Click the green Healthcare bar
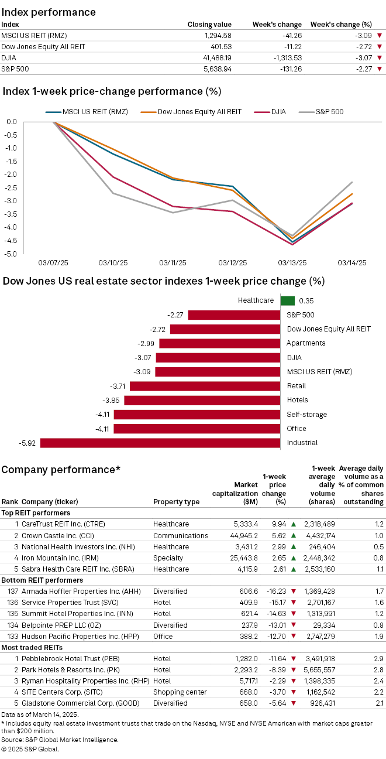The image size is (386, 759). (x=287, y=300)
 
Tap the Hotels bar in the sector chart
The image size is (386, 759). (x=202, y=400)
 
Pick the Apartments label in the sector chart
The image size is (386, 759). (x=306, y=343)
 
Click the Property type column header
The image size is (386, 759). (x=176, y=502)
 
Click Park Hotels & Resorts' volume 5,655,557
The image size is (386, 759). (x=319, y=670)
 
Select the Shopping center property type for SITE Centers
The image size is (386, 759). (x=178, y=692)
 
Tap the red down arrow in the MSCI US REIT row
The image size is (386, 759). (x=379, y=36)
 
